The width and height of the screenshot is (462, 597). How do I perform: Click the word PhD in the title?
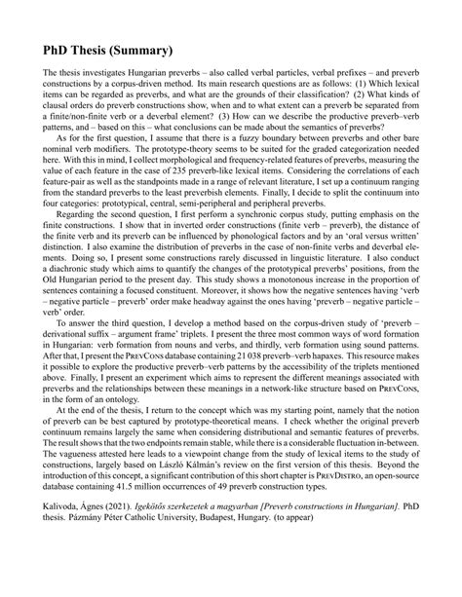click(x=60, y=49)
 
